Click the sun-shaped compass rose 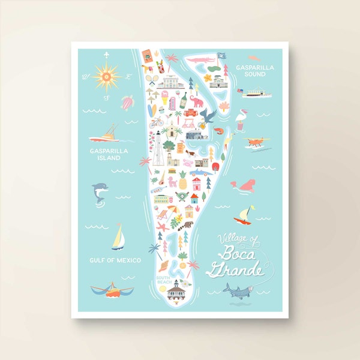tap(107, 77)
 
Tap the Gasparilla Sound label tap(254, 70)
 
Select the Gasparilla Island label tap(104, 155)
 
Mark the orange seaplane tap(257, 142)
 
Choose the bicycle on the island tap(157, 122)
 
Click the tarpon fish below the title tap(241, 293)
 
